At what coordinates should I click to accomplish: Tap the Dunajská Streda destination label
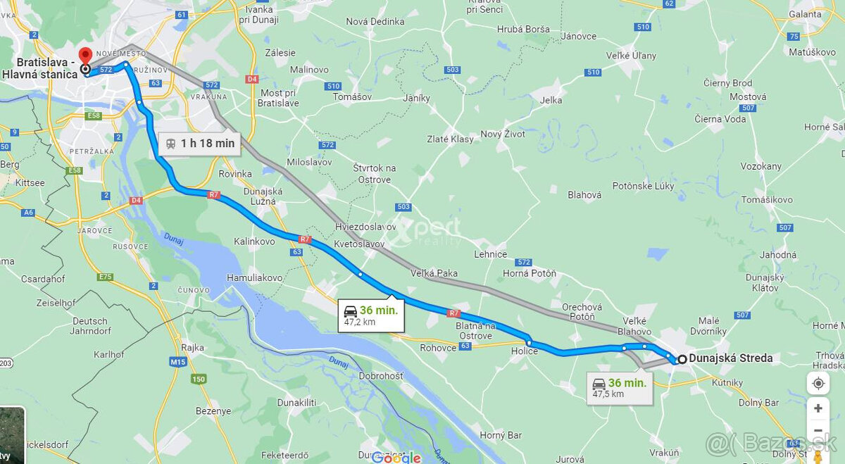pos(730,358)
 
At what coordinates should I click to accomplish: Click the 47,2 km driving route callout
pos(370,315)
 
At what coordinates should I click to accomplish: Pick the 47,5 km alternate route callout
pos(619,388)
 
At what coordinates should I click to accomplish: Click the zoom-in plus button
pos(818,408)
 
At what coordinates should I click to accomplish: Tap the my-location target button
pos(818,384)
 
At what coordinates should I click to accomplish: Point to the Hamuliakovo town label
pos(254,278)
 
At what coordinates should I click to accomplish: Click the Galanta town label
pos(805,14)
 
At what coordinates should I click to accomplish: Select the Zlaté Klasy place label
pos(451,139)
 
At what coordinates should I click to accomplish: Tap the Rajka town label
pos(192,348)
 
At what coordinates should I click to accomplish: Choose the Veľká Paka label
pos(435,273)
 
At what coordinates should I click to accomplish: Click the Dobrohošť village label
pos(381,376)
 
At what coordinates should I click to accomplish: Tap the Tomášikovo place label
pos(767,200)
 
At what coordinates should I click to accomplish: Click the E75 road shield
pos(105,277)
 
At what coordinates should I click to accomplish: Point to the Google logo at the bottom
pos(396,458)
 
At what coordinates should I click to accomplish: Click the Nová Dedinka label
pos(375,22)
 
